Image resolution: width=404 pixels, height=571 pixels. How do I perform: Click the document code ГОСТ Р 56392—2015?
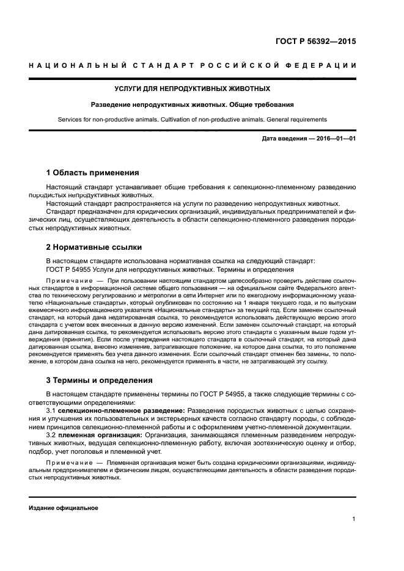coord(315,42)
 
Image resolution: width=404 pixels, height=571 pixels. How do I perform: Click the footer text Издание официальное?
coord(64,508)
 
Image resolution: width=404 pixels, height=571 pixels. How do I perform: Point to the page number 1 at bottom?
coord(354,519)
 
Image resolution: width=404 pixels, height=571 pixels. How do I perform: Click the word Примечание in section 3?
coord(67,463)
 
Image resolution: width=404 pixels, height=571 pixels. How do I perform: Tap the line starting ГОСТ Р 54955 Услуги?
coord(169,269)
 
